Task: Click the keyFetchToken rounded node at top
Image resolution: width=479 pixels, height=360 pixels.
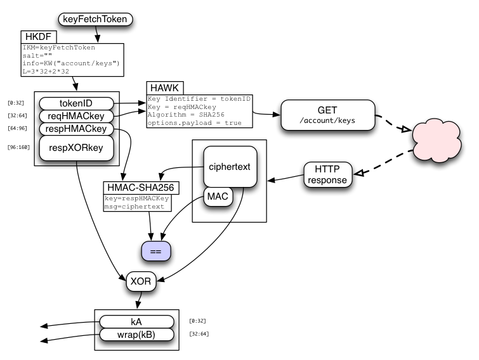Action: pyautogui.click(x=95, y=19)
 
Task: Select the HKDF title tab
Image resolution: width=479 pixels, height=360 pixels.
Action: pyautogui.click(x=39, y=37)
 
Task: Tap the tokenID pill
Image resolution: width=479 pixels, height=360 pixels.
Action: pyautogui.click(x=76, y=103)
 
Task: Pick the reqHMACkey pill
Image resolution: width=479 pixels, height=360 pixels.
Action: pyautogui.click(x=76, y=116)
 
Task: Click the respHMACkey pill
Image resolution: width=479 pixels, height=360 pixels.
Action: pyautogui.click(x=76, y=129)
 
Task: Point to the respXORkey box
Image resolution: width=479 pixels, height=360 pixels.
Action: pyautogui.click(x=76, y=148)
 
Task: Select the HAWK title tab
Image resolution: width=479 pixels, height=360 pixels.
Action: pyautogui.click(x=165, y=88)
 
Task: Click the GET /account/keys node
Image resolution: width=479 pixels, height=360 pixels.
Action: pyautogui.click(x=328, y=115)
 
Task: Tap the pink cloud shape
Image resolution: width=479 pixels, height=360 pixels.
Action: pyautogui.click(x=436, y=140)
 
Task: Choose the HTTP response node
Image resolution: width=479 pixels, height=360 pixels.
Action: pyautogui.click(x=328, y=174)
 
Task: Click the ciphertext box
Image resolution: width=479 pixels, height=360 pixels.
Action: pyautogui.click(x=230, y=167)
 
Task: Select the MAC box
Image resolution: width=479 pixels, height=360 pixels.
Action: pyautogui.click(x=218, y=196)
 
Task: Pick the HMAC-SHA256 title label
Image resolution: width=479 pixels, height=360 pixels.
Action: pyautogui.click(x=141, y=188)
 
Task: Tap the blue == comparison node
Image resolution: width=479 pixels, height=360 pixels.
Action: pyautogui.click(x=156, y=251)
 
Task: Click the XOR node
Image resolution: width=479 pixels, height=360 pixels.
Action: pyautogui.click(x=141, y=281)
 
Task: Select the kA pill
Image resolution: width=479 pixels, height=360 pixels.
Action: pyautogui.click(x=136, y=322)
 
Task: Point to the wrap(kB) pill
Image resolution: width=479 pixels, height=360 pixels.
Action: pyautogui.click(x=136, y=335)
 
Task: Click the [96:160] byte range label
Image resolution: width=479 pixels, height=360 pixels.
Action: pyautogui.click(x=18, y=147)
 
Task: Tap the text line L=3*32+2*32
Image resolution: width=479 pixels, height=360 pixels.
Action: pyautogui.click(x=46, y=72)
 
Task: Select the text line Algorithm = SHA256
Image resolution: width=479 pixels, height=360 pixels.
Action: pyautogui.click(x=186, y=115)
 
